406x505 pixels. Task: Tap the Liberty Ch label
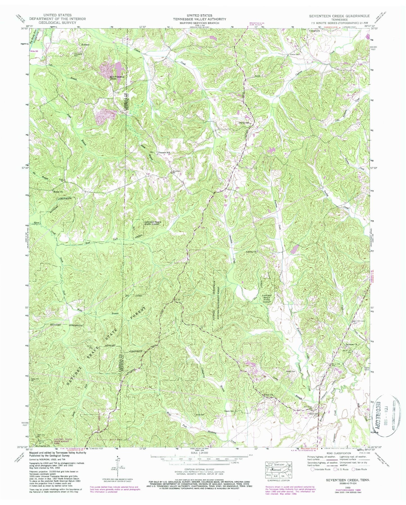(x=252, y=252)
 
